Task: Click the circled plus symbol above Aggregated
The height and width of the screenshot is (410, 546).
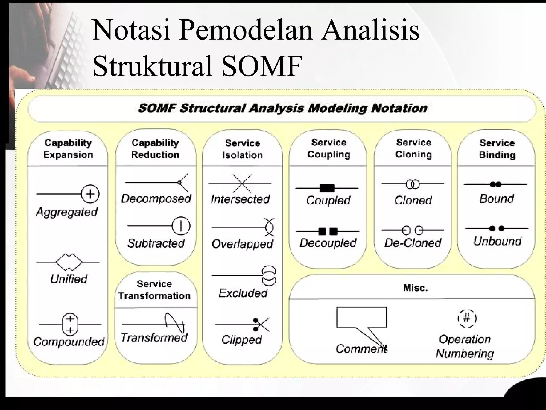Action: tap(90, 194)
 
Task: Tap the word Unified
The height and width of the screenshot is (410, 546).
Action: tap(69, 279)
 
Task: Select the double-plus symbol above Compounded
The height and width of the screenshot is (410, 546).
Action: tap(70, 324)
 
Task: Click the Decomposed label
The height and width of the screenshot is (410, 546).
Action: tap(156, 199)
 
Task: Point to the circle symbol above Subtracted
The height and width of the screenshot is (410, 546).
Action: tap(181, 226)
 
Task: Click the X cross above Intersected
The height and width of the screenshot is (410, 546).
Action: tap(242, 184)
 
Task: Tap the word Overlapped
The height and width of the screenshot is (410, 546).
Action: tap(242, 244)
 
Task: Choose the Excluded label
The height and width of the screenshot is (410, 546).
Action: tap(243, 293)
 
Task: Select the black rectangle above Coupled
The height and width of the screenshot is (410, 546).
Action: tap(327, 188)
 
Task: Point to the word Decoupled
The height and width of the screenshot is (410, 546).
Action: tap(328, 243)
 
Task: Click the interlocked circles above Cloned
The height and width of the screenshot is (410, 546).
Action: tap(412, 184)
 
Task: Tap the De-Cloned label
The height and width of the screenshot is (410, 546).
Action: tap(413, 243)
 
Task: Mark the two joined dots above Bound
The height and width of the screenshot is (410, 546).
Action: tap(496, 184)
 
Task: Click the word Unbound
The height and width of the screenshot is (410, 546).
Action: tap(497, 241)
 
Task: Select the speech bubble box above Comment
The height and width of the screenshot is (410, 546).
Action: tap(361, 317)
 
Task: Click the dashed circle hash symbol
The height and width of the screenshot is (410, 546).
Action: tap(467, 318)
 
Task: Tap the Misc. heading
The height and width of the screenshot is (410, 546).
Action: tap(415, 288)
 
